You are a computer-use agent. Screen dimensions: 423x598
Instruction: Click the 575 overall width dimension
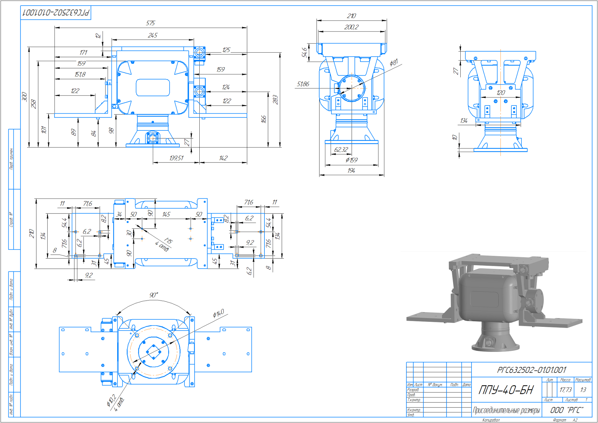point(150,23)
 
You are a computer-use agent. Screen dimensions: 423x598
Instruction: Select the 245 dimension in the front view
point(153,35)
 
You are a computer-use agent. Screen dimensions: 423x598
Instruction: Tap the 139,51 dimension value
point(176,158)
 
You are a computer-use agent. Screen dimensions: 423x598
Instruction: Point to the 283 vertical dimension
point(275,100)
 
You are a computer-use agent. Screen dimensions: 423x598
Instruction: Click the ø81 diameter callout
point(394,63)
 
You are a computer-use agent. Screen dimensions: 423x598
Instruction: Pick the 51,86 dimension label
point(303,84)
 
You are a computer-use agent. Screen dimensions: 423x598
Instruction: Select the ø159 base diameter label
point(352,160)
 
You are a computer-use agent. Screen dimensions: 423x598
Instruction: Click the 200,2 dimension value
point(351,27)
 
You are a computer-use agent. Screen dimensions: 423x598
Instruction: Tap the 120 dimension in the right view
point(501,93)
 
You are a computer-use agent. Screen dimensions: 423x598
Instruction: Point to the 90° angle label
point(154,295)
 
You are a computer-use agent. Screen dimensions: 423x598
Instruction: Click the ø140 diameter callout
point(218,313)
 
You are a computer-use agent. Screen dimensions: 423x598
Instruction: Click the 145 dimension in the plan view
point(166,214)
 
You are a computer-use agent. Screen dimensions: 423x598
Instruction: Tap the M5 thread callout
point(168,241)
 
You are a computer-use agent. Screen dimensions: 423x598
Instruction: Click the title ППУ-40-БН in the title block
point(506,390)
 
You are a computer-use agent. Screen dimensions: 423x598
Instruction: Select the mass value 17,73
point(565,390)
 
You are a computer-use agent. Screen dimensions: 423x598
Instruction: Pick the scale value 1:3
point(583,390)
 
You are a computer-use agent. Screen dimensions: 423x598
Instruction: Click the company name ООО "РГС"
point(567,410)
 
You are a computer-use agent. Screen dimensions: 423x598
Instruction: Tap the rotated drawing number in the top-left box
point(56,13)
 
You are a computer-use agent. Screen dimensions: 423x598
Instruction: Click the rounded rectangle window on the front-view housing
point(153,87)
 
